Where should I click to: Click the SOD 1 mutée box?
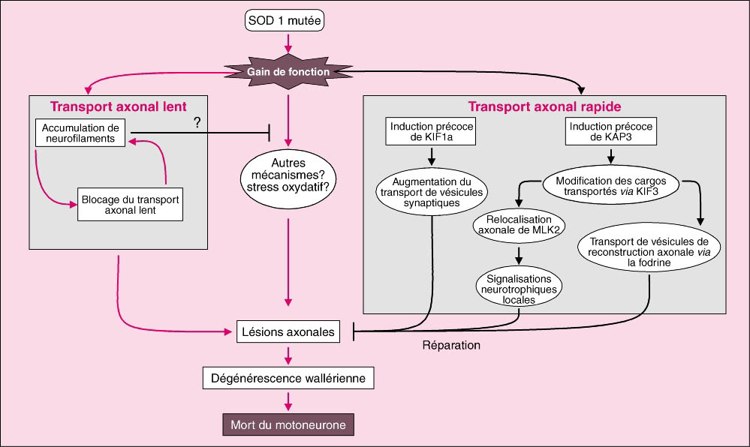(x=285, y=21)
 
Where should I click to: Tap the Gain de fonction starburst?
(x=288, y=71)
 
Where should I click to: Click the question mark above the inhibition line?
(x=197, y=122)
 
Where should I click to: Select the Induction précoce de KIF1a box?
(x=431, y=132)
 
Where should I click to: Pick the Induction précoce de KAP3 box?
(x=610, y=132)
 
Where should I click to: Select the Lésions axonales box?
(x=288, y=331)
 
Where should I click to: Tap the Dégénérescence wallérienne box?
(x=288, y=378)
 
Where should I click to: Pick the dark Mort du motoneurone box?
(x=288, y=425)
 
